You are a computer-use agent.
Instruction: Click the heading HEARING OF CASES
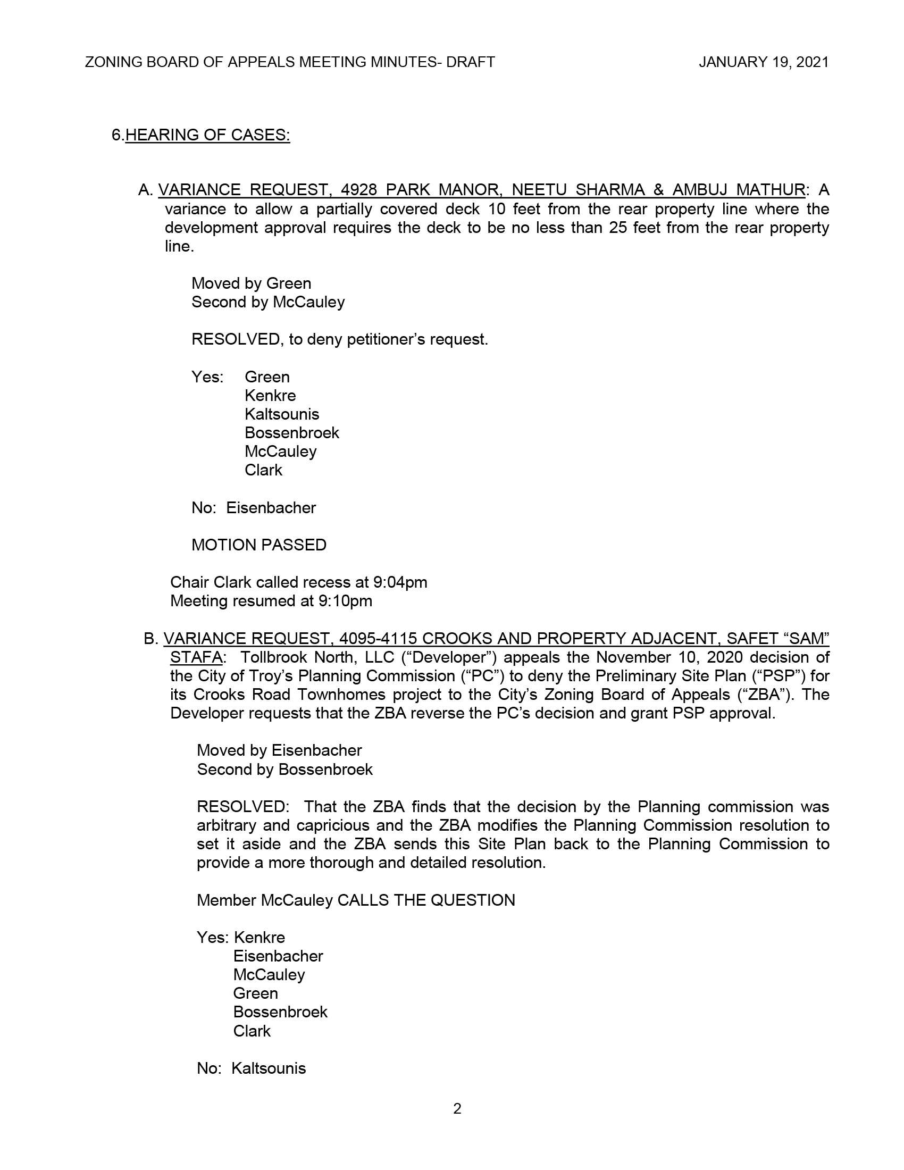coord(207,135)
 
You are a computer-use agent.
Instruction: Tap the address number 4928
coord(359,190)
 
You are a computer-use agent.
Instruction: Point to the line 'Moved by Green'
coord(251,283)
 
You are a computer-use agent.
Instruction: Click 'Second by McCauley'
coord(268,302)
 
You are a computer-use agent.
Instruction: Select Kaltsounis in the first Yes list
coord(282,414)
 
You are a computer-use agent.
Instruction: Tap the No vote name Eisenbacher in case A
coord(271,507)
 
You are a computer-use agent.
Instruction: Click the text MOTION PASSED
coord(258,545)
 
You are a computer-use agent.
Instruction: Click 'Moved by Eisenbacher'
coord(279,750)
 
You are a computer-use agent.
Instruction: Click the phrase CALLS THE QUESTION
coord(426,900)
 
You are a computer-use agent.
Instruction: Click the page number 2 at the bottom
coord(457,1108)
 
